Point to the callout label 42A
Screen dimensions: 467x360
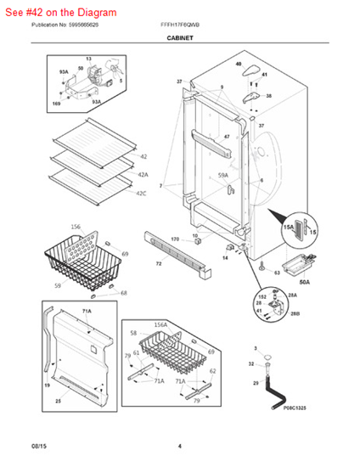143,174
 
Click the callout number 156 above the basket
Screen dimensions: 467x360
76,227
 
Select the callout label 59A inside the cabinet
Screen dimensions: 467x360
223,176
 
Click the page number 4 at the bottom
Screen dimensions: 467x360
179,446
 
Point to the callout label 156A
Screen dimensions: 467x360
160,324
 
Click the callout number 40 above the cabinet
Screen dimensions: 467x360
239,64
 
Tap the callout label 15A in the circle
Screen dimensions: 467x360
288,227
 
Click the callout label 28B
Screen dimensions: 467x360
294,314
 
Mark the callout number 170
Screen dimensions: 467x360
175,240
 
